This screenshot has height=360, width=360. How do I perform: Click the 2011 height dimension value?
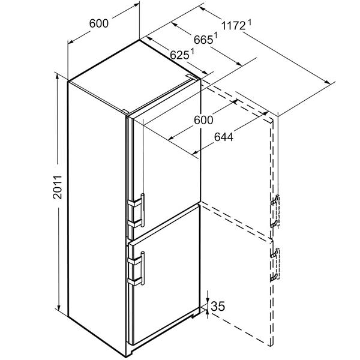point(58,187)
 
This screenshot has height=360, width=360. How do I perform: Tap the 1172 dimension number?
point(233,26)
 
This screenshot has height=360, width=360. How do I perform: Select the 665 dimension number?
point(203,40)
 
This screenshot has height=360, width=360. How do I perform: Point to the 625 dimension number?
point(179,55)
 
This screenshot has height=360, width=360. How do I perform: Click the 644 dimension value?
point(224,137)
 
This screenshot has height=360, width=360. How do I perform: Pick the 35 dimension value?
point(218,306)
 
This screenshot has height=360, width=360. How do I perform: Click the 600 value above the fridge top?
point(99,23)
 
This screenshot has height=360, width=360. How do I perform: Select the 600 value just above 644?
point(203,120)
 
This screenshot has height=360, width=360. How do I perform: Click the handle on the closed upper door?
point(143,210)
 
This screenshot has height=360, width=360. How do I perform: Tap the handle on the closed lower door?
point(143,268)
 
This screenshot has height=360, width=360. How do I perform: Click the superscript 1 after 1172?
point(250,23)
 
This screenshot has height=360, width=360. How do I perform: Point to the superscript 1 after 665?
point(215,36)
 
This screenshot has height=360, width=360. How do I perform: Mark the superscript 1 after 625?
point(192,52)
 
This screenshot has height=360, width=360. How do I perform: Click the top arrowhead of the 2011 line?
point(57,77)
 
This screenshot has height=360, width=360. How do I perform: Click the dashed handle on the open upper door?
point(275,211)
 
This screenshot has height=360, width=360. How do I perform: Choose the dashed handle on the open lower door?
point(275,264)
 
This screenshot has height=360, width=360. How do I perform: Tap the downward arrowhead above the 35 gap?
point(208,301)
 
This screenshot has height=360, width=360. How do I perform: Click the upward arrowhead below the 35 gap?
point(208,312)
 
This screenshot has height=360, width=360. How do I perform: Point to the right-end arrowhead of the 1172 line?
point(328,82)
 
